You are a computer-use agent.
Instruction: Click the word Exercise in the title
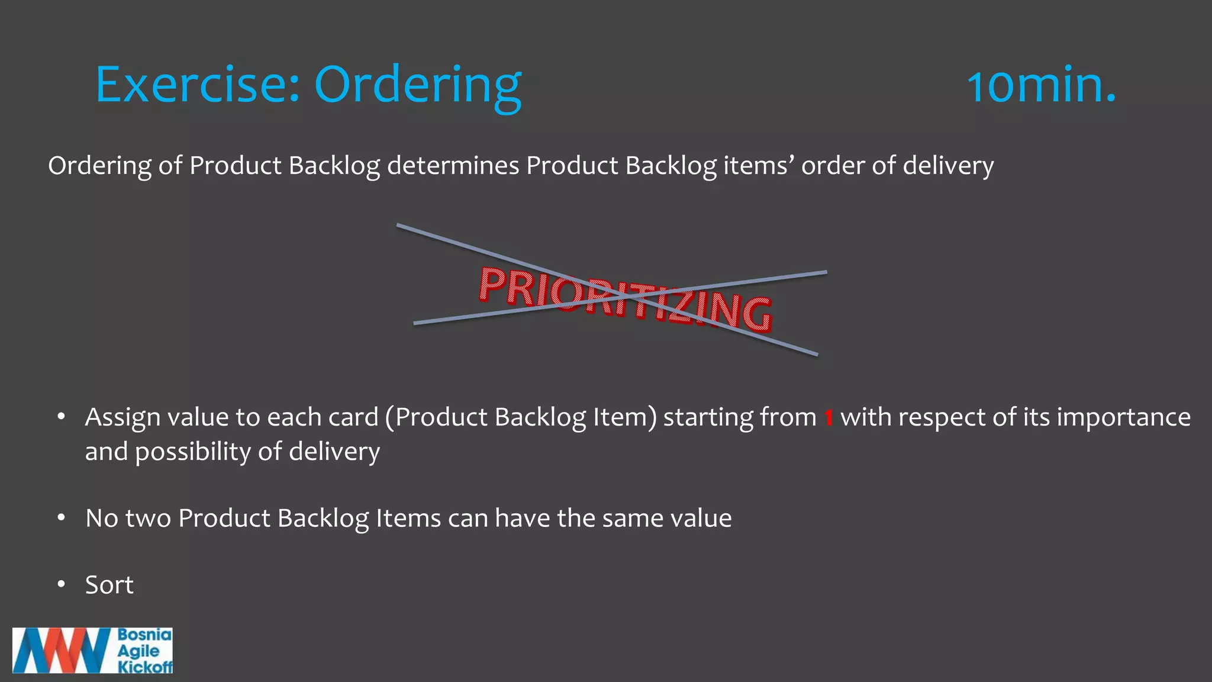click(x=196, y=85)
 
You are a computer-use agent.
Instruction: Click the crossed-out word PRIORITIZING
click(x=624, y=298)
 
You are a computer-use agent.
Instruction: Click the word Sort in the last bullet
click(x=109, y=585)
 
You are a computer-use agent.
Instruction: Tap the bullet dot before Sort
click(x=61, y=585)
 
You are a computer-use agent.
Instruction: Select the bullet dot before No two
click(x=61, y=518)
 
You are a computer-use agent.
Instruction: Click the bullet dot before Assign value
click(x=61, y=417)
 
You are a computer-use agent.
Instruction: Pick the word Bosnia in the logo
click(x=144, y=635)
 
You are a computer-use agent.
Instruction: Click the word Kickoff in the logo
click(x=145, y=667)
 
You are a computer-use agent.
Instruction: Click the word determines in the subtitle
click(x=453, y=166)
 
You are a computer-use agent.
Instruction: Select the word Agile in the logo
click(x=138, y=651)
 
